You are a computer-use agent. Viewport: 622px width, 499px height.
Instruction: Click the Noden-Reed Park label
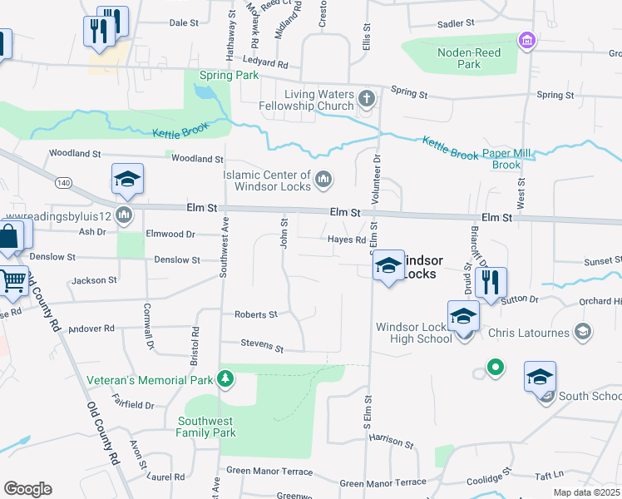click(x=459, y=58)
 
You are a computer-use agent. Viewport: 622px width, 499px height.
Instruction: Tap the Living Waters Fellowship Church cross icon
click(x=366, y=101)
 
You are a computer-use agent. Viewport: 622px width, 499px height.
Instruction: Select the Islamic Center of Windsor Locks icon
click(x=323, y=180)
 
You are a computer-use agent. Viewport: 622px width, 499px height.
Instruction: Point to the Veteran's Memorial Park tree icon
click(x=225, y=380)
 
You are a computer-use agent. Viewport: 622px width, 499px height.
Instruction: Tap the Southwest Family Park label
click(x=206, y=427)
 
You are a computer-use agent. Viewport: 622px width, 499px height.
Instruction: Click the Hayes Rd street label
click(x=347, y=240)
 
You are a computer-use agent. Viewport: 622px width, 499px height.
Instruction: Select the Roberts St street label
click(x=255, y=315)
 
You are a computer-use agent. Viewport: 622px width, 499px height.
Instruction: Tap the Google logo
click(x=27, y=489)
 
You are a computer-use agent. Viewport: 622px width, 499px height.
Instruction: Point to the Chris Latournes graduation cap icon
click(x=583, y=333)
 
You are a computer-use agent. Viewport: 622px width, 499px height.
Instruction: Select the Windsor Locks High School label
click(x=414, y=333)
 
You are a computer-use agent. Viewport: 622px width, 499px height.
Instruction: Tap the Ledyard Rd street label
click(x=265, y=62)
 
